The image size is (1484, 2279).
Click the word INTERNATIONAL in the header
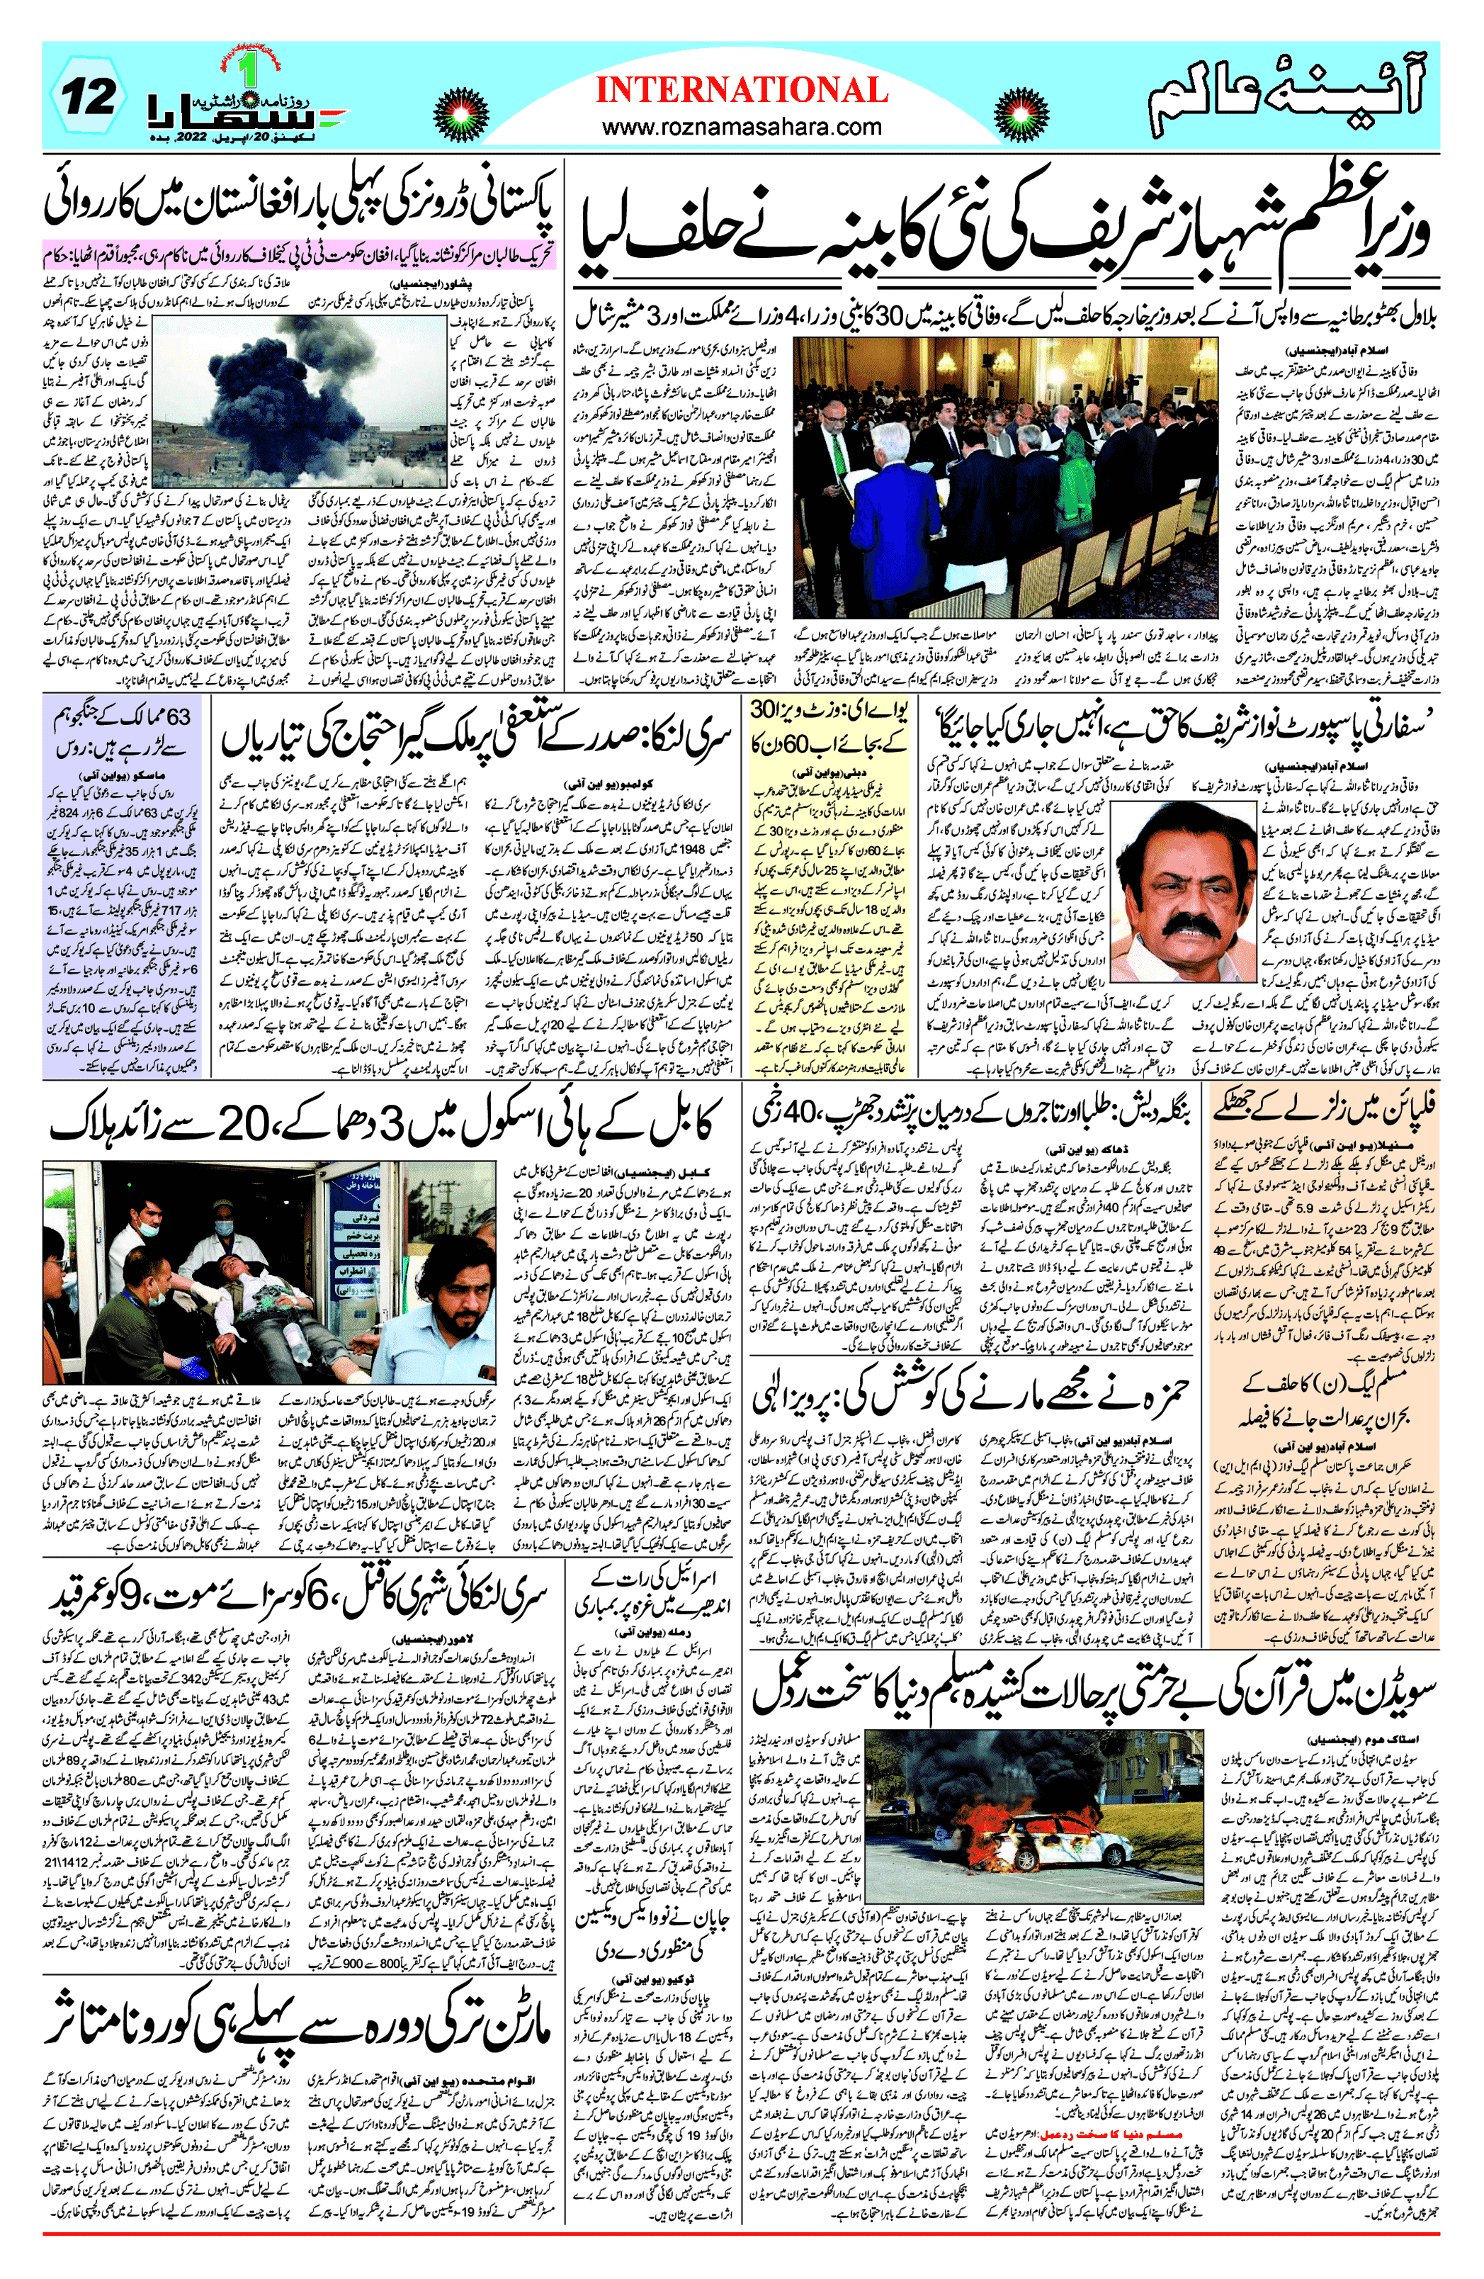point(742,90)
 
